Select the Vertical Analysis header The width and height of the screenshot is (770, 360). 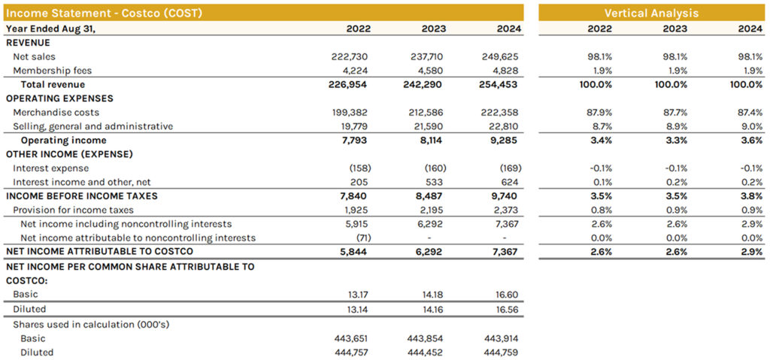pos(651,13)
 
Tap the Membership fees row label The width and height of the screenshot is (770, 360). pos(52,71)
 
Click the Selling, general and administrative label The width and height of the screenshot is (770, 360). pos(93,126)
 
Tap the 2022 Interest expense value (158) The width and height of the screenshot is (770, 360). pos(358,168)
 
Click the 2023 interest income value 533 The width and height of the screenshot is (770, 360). pos(435,182)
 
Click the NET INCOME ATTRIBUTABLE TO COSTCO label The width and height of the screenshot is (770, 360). pos(99,252)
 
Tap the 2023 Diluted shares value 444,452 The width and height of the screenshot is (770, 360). pos(426,352)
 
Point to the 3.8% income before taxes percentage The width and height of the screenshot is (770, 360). pos(751,196)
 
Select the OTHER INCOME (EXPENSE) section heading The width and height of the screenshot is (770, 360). pos(68,154)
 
